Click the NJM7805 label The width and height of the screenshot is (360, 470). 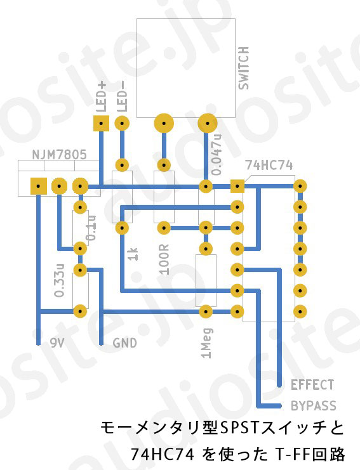click(x=59, y=155)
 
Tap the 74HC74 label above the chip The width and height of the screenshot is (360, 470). click(x=269, y=165)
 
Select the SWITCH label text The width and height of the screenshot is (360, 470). click(x=244, y=68)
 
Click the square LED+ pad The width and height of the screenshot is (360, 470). click(x=101, y=123)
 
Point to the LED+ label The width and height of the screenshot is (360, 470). click(x=102, y=97)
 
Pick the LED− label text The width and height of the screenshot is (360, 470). click(x=122, y=97)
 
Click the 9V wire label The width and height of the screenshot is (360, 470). click(x=57, y=343)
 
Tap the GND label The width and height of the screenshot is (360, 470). click(x=125, y=343)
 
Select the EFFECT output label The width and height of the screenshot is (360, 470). click(x=312, y=384)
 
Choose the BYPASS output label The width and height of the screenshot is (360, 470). click(x=314, y=406)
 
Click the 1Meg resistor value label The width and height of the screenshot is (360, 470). click(x=207, y=343)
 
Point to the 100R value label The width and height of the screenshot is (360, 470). click(x=164, y=259)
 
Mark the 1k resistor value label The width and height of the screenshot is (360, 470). click(x=133, y=254)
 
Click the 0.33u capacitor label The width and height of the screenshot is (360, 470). click(x=60, y=280)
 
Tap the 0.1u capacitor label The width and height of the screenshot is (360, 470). click(x=91, y=228)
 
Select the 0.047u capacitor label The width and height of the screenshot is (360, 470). click(x=217, y=154)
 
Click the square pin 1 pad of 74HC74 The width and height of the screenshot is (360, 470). click(x=237, y=186)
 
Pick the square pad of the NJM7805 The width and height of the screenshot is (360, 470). click(x=38, y=186)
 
